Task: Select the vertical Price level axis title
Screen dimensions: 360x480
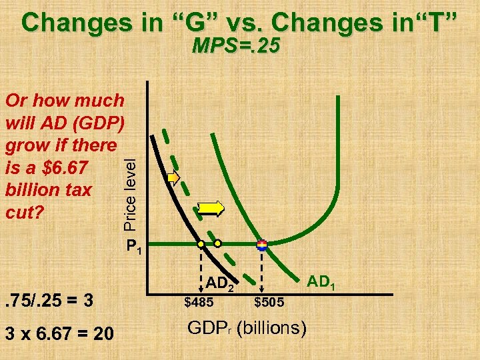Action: coord(132,191)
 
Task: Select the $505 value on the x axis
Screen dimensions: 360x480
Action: coord(269,303)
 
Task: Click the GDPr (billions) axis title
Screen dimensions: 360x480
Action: coord(247,327)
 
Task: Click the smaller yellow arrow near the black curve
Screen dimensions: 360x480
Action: coord(173,178)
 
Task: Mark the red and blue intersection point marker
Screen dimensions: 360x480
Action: coord(261,245)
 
